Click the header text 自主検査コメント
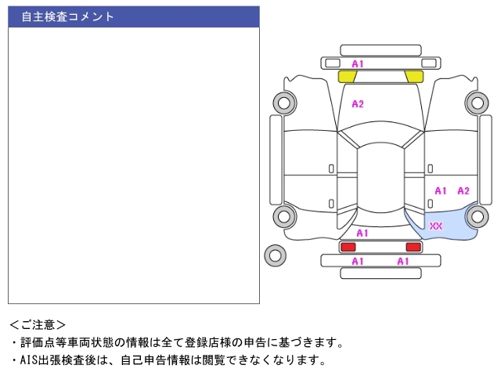(x=67, y=16)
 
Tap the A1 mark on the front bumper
(x=358, y=64)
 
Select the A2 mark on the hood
(x=358, y=104)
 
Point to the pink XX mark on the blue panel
(x=436, y=226)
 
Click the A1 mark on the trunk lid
(x=362, y=233)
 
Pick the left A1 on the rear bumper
(x=358, y=261)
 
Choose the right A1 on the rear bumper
(x=403, y=261)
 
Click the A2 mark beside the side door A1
(x=463, y=191)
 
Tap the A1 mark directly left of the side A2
(x=441, y=191)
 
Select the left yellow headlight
(x=347, y=77)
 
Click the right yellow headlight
(x=415, y=77)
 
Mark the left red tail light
(x=348, y=247)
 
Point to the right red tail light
(x=413, y=247)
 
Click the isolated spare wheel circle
(x=275, y=255)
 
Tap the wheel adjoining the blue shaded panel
(x=478, y=216)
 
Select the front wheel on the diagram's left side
(x=284, y=103)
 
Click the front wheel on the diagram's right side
(x=478, y=103)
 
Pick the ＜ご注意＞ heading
(x=38, y=325)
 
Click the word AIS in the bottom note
(x=29, y=360)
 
